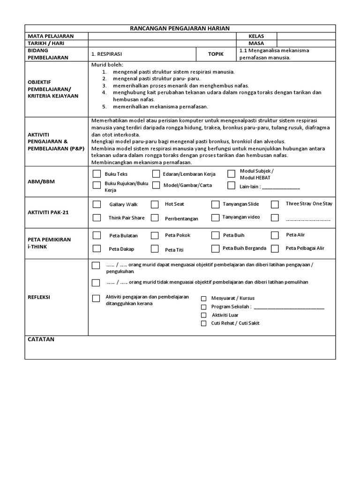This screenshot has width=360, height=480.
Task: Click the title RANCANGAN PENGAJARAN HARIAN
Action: (x=180, y=29)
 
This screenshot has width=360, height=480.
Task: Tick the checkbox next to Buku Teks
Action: (x=97, y=174)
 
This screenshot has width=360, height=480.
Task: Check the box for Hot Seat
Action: (x=154, y=204)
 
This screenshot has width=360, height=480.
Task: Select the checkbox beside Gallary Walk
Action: (x=97, y=204)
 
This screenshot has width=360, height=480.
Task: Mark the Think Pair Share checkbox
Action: (x=97, y=217)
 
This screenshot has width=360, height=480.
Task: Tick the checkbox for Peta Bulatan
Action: (x=97, y=235)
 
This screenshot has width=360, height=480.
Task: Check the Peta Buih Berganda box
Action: (x=215, y=248)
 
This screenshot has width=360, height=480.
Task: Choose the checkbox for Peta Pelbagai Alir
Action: (x=275, y=248)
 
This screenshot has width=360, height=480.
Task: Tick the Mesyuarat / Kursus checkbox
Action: (x=203, y=298)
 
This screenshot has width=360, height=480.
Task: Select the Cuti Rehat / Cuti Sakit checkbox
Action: (x=203, y=323)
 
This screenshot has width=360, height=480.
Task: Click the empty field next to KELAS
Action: (x=306, y=36)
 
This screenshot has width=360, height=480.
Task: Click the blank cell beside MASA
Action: (x=306, y=43)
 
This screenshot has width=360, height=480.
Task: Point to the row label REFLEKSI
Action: (x=39, y=297)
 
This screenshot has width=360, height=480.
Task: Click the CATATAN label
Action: (x=41, y=339)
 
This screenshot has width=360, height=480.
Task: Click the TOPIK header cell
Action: (x=216, y=54)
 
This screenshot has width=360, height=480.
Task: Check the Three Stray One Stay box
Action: (x=275, y=204)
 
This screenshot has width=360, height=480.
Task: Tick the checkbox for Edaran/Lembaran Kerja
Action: (x=156, y=174)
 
